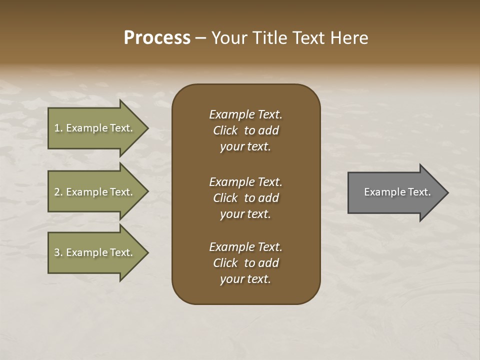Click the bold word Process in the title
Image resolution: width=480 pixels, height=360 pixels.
pos(157,38)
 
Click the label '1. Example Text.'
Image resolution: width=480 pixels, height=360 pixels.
pos(93,128)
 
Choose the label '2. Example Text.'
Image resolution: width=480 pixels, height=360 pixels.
pos(93,192)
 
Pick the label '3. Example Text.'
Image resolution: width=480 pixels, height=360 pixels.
pos(93,252)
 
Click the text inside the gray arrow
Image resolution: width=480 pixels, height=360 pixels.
pos(397,192)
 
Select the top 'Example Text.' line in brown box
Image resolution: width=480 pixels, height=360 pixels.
pos(245,114)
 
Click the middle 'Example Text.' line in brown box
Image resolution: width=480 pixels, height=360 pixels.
pos(245,182)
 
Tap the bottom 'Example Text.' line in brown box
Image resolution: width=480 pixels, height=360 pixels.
pos(245,247)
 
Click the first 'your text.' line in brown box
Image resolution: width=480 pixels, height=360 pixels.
pos(245,147)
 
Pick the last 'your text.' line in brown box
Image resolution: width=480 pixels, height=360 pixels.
pos(245,279)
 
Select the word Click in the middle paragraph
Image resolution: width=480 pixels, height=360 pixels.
pos(225,198)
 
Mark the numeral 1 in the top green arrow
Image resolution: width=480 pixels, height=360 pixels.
pos(57,128)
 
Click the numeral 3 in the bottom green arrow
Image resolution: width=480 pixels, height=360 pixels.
pos(57,252)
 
